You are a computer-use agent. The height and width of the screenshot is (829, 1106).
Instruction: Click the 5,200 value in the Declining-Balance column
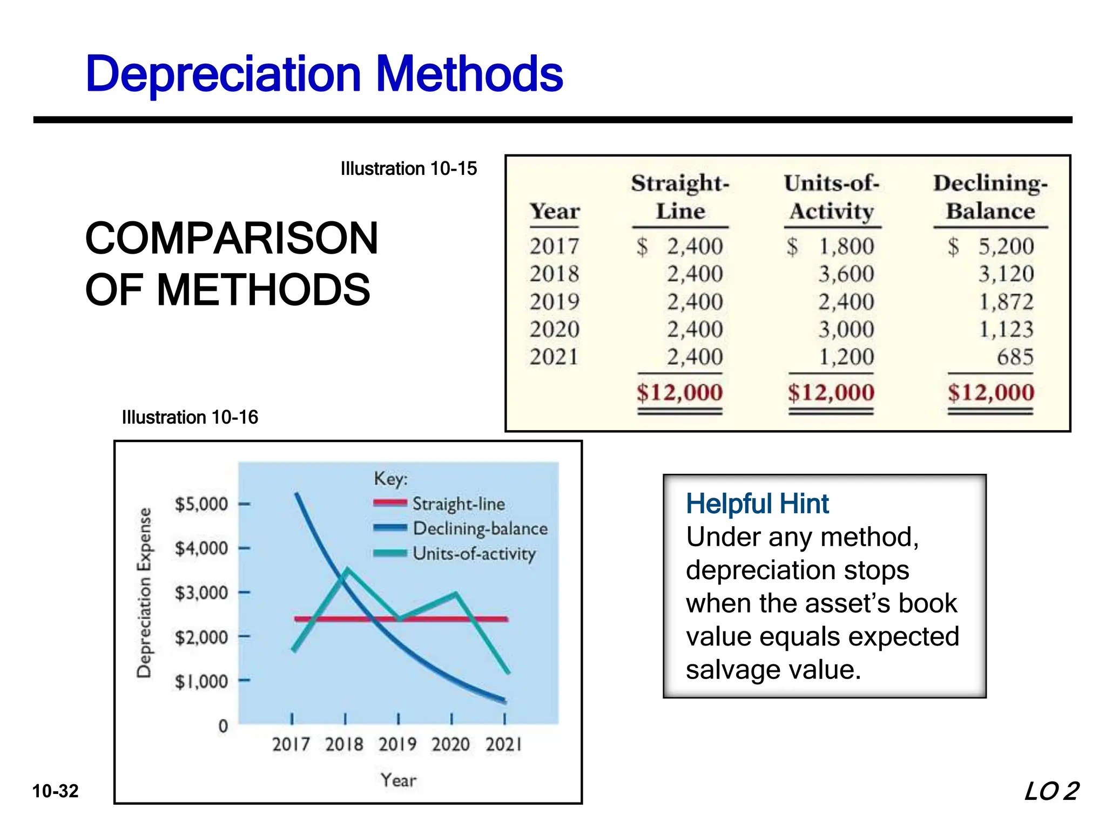pos(1006,247)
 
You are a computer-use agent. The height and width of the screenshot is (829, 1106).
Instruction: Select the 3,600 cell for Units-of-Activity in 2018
pos(846,274)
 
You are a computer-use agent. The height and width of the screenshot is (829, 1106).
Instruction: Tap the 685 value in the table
pos(1015,357)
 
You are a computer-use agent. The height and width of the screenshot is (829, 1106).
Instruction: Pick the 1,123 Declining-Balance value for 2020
pos(1006,329)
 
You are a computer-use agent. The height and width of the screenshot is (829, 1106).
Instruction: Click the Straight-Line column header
pos(680,197)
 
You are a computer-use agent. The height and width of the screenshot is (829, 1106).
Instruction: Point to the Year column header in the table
pos(555,211)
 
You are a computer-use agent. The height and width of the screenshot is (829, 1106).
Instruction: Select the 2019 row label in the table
pos(555,302)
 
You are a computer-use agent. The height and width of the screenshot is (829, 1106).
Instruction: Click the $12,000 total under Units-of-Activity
pos(831,392)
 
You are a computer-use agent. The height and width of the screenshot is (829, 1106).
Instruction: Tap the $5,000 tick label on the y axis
pos(201,504)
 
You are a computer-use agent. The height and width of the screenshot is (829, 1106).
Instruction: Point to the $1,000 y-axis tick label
pos(201,682)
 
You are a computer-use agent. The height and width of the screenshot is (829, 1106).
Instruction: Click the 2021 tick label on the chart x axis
pos(503,745)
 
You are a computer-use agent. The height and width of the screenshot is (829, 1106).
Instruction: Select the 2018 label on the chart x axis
pos(344,745)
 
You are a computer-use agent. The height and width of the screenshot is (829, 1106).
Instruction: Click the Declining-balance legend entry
pos(480,528)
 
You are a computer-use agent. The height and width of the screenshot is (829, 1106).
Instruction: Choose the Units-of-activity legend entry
pos(474,554)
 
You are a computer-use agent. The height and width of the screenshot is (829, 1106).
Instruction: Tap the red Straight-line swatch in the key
pos(390,503)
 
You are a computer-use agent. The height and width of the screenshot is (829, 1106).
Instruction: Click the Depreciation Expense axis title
pos(144,592)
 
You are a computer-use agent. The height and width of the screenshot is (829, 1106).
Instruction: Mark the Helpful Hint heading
pos(757,504)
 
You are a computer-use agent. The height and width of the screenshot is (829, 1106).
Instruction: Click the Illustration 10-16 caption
pos(190,417)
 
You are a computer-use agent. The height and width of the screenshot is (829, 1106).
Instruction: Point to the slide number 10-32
pos(56,791)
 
